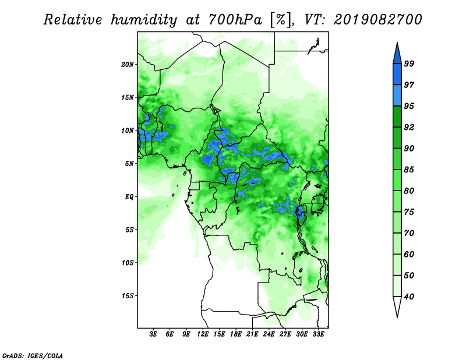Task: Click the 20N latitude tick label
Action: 128,65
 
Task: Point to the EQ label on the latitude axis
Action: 129,197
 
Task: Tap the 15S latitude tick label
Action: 128,296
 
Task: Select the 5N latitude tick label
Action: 129,164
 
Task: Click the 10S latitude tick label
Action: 128,263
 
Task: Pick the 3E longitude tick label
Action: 153,334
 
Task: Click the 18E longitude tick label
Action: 236,334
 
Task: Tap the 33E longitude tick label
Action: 318,334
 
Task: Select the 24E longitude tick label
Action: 269,334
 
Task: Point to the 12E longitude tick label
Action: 203,334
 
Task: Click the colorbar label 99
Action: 409,63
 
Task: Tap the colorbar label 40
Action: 409,297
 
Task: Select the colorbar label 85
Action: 409,170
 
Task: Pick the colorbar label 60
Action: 409,255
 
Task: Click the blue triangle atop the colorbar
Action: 397,55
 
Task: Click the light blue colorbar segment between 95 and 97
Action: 397,96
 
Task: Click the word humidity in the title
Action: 144,20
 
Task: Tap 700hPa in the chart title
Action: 235,20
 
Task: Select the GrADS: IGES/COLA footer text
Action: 33,355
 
